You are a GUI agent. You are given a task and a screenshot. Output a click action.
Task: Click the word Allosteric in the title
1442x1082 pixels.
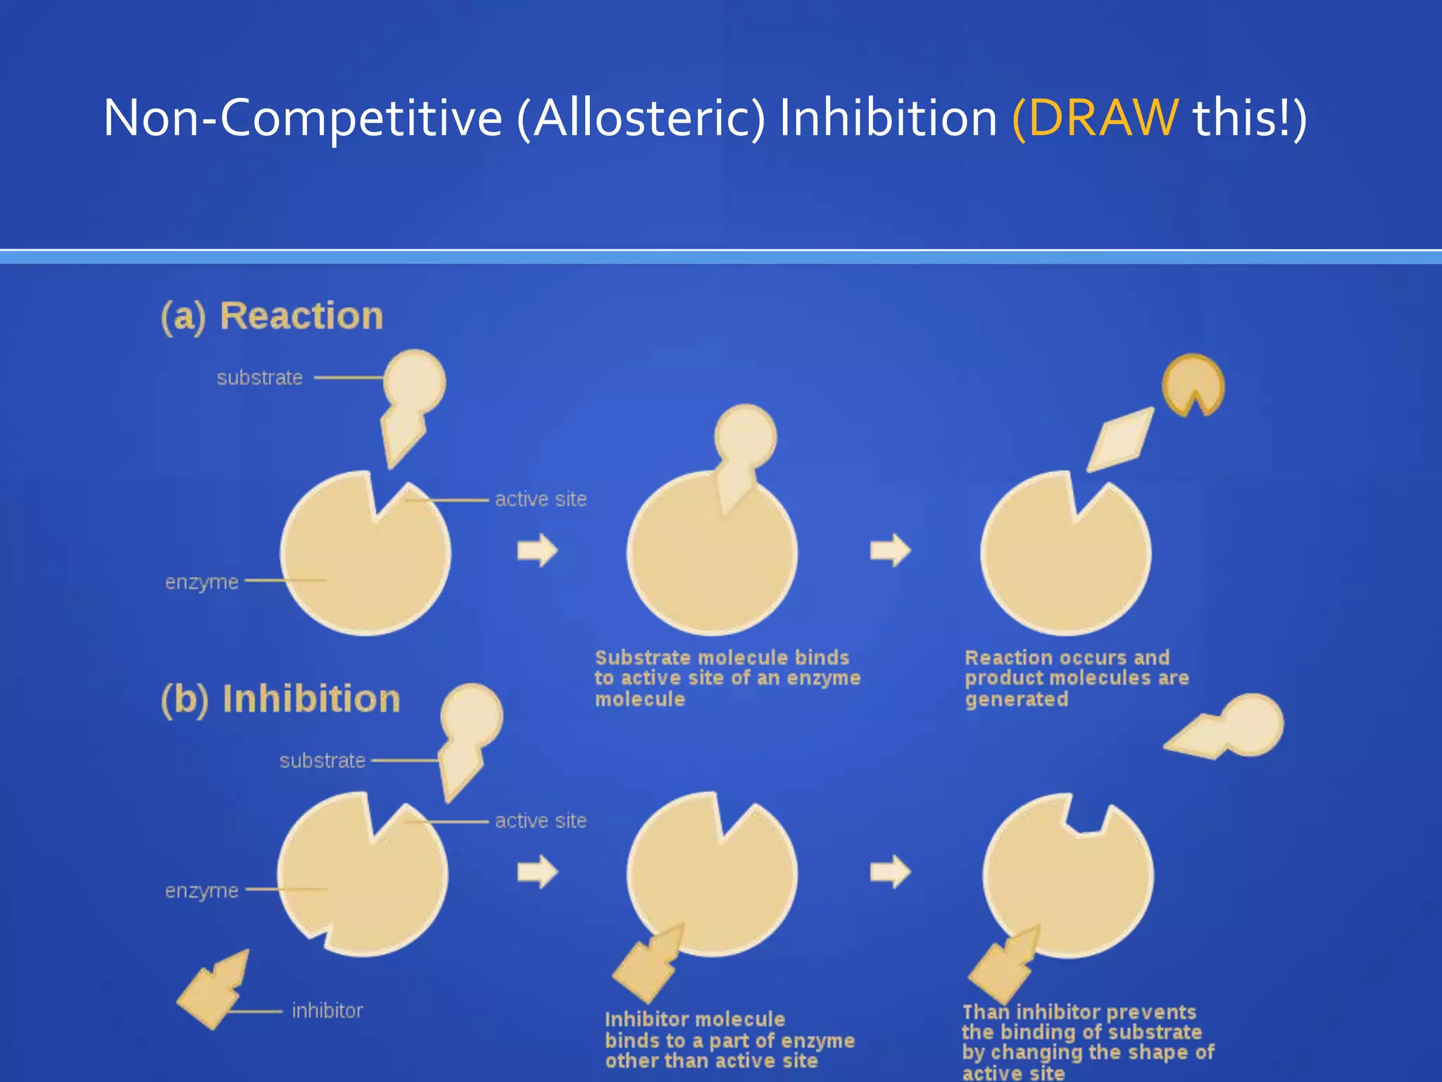point(648,118)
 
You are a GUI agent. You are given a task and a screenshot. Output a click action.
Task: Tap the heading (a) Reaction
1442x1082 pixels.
point(272,316)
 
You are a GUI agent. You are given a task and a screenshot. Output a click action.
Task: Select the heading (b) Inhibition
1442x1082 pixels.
point(280,699)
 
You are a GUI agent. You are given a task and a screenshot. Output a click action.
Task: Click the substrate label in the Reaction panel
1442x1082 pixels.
point(259,378)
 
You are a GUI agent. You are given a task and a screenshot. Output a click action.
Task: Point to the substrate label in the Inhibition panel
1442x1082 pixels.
point(322,761)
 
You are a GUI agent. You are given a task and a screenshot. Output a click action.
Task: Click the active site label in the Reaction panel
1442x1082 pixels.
point(540,499)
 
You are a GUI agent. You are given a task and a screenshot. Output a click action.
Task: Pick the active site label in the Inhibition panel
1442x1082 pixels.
point(540,821)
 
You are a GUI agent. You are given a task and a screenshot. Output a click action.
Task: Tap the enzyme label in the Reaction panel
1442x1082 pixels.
point(201,582)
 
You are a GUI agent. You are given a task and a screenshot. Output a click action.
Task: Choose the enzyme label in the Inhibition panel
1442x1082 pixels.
point(201,890)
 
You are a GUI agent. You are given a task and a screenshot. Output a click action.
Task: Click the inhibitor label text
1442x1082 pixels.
point(327,1011)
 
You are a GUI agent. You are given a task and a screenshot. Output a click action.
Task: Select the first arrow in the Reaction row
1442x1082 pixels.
point(537,550)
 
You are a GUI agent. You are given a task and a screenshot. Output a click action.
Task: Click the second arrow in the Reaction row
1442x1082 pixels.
point(890,550)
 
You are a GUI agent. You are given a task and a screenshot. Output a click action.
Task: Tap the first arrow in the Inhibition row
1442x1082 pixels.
point(537,872)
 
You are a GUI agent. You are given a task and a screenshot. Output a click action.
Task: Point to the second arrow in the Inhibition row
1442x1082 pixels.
point(890,872)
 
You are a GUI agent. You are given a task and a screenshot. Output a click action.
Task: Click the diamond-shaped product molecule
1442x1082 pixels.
point(1121,440)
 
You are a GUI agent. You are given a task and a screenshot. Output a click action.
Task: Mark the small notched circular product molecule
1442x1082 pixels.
point(1192,385)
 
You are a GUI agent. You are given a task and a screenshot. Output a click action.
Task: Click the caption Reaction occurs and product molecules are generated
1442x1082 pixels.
point(1076,678)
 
